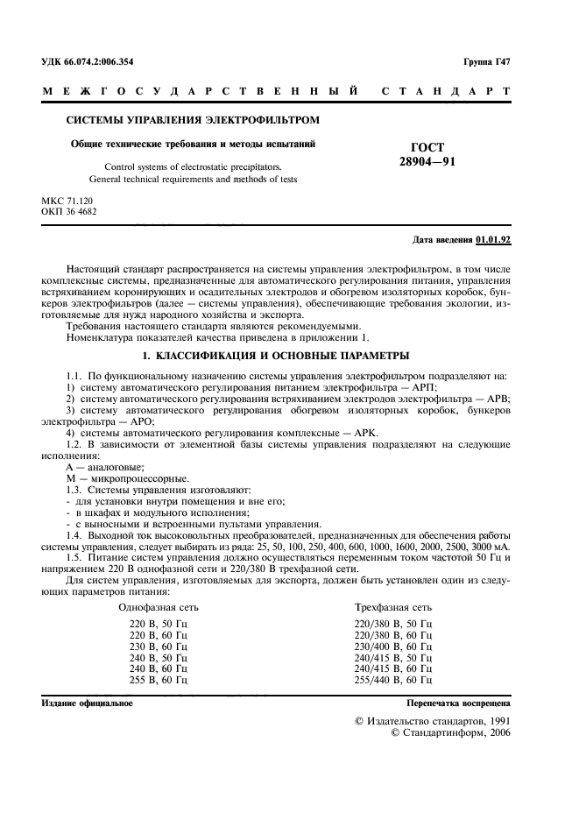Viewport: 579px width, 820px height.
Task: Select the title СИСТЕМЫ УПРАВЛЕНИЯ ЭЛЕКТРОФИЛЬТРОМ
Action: pos(194,119)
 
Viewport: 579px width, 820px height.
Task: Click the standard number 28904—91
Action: pos(427,162)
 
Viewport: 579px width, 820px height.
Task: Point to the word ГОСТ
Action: pos(427,148)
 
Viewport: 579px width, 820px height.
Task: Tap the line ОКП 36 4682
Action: pos(69,211)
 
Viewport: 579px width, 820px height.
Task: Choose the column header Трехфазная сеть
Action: pos(392,606)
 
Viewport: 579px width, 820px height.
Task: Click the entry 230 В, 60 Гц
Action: pos(159,646)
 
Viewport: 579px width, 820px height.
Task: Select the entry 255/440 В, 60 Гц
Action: pos(392,678)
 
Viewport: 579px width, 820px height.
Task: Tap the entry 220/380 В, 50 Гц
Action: pos(392,624)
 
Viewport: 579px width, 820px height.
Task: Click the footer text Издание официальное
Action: pos(88,703)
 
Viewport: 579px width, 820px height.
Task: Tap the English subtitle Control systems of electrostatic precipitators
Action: pos(194,166)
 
